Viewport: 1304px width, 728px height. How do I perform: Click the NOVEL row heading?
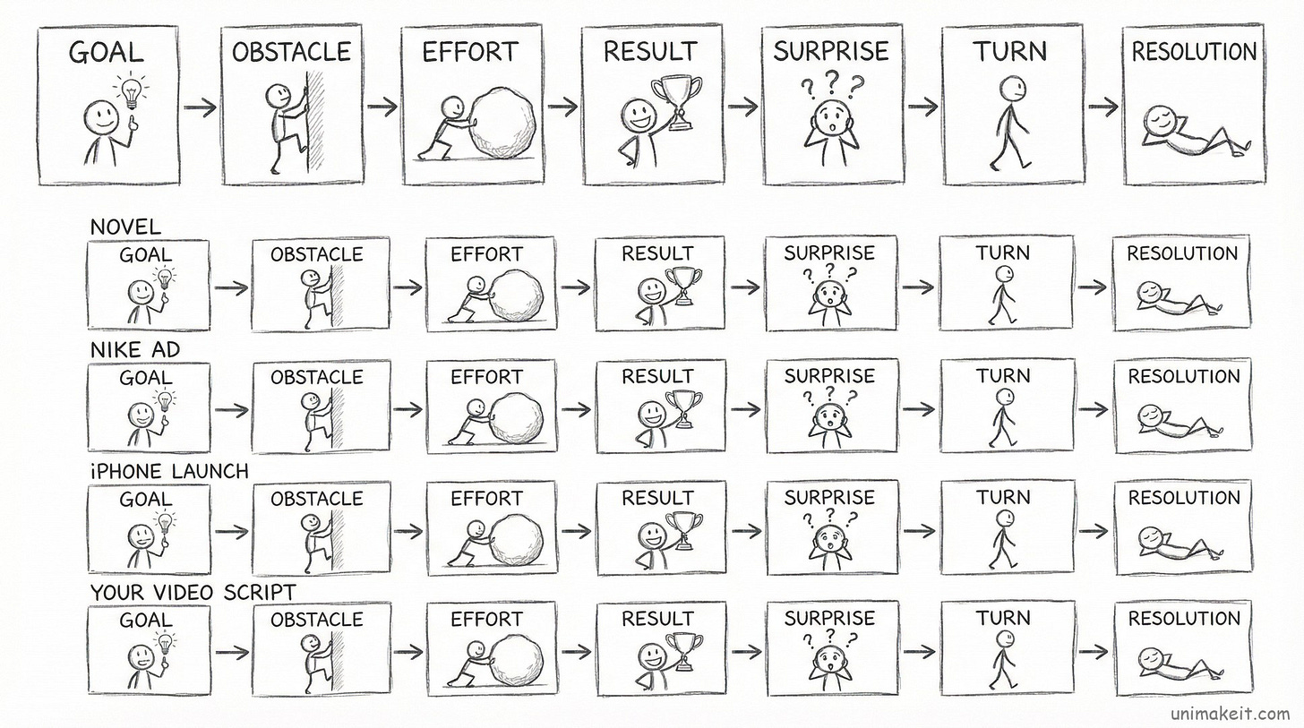[125, 227]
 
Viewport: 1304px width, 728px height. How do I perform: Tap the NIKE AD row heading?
[135, 349]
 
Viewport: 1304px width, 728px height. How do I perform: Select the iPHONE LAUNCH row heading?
[169, 470]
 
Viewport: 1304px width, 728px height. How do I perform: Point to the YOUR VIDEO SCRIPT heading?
[193, 592]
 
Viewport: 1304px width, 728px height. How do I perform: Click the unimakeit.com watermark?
[1231, 713]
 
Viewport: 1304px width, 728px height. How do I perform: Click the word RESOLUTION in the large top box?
[1194, 52]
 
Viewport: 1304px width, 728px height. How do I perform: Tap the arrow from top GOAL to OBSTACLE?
[200, 107]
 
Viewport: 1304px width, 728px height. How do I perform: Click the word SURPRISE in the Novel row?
[829, 253]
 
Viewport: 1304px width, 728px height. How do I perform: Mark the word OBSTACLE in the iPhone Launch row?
[316, 498]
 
